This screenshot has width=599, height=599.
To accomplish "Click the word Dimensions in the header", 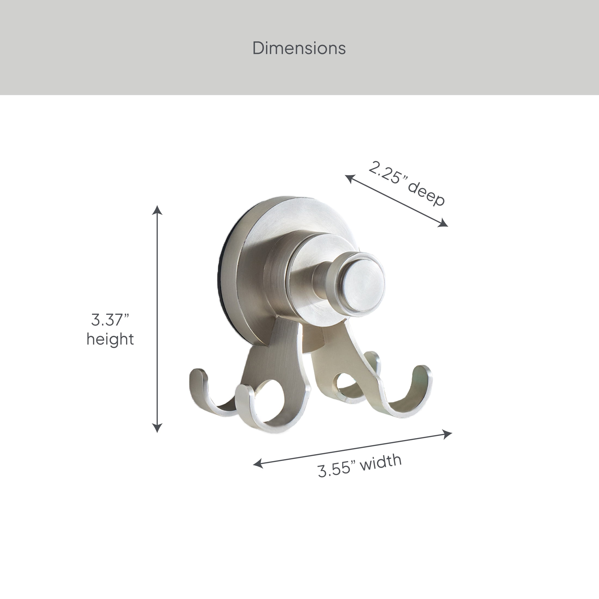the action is [299, 48].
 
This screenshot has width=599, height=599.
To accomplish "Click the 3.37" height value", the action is [110, 320].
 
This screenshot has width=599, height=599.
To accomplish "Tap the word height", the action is [110, 339].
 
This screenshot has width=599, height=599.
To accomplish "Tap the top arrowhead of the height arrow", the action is [157, 210].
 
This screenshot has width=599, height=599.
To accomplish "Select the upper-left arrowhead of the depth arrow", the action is [350, 178].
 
